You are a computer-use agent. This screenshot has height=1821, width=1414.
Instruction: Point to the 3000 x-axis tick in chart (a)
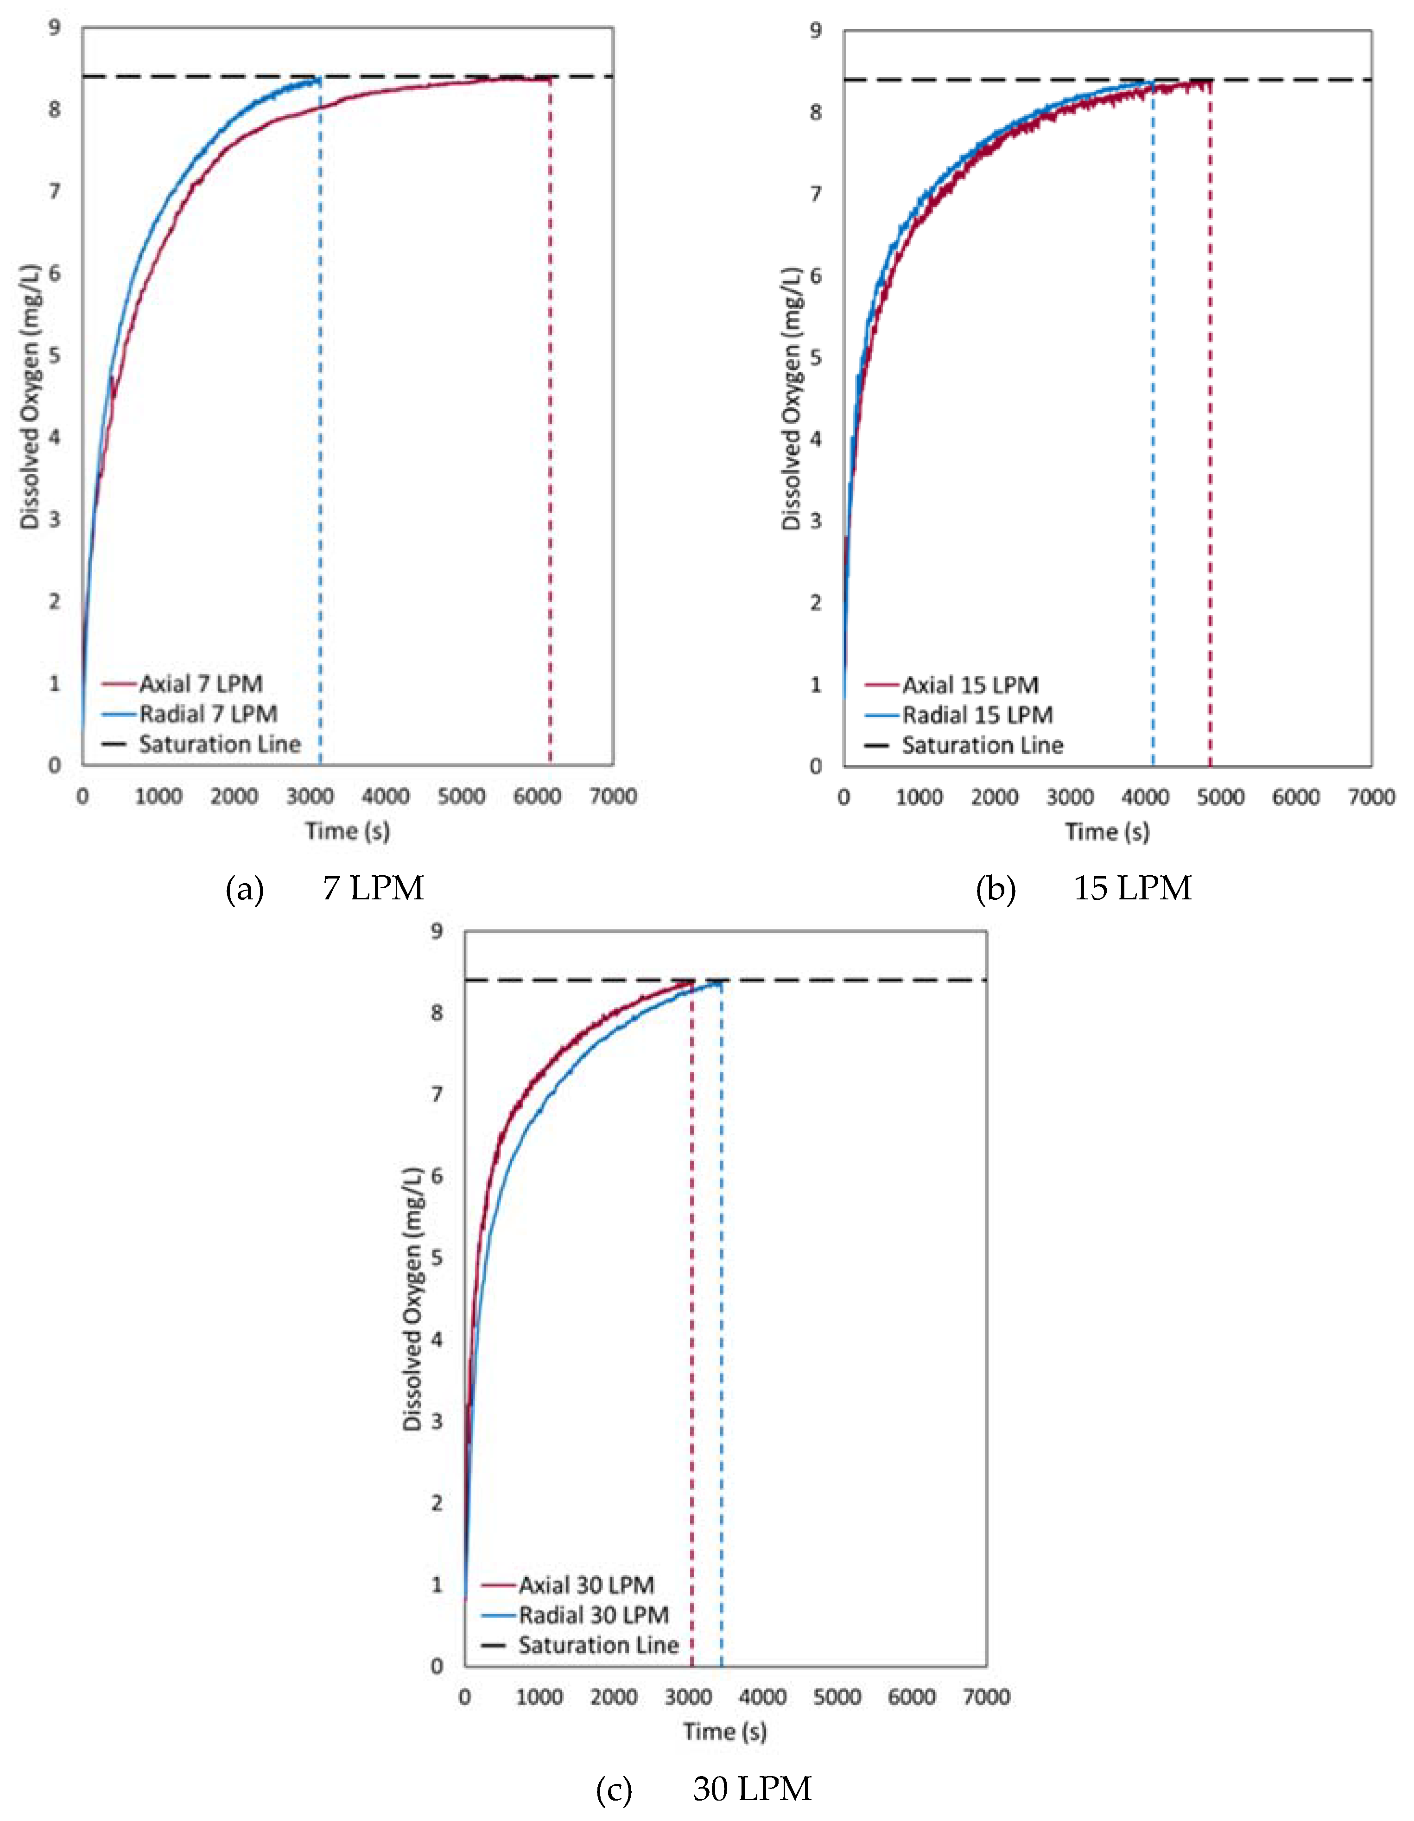[x=310, y=796]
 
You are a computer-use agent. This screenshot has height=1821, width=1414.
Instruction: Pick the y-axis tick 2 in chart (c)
[x=436, y=1503]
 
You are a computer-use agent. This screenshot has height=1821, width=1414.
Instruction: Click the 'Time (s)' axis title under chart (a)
[x=347, y=831]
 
